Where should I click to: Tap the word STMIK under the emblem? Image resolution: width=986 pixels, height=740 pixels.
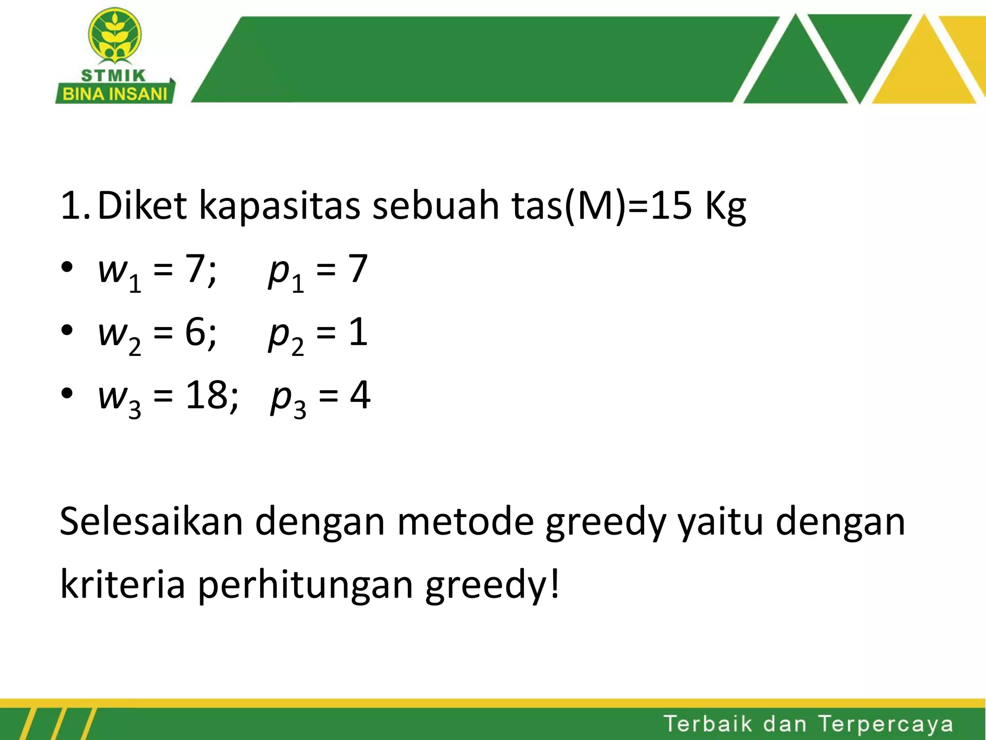114,76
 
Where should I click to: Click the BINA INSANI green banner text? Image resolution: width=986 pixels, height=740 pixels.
115,93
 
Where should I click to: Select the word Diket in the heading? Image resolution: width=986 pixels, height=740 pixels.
142,206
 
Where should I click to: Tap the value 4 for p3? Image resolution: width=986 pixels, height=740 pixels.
360,395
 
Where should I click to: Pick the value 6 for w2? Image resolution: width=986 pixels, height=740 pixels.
195,332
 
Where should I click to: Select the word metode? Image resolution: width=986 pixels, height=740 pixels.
465,521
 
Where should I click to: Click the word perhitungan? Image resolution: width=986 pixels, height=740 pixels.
305,585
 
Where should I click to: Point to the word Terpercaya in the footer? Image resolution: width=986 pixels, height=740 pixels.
885,724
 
